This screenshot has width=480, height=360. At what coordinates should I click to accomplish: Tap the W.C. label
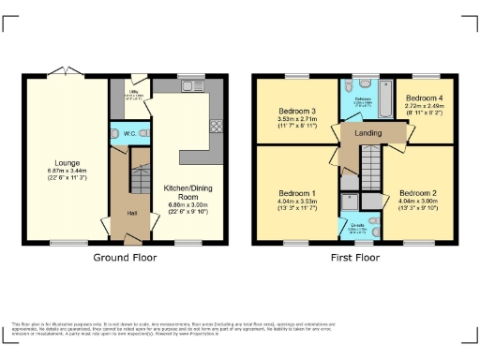129,135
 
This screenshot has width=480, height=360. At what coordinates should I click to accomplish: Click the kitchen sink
196,90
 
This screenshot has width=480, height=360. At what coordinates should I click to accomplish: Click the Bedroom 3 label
296,112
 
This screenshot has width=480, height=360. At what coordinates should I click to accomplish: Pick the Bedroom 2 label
418,191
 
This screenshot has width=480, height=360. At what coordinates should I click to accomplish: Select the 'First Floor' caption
355,256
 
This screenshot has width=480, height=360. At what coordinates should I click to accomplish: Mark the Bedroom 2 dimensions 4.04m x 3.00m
418,200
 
